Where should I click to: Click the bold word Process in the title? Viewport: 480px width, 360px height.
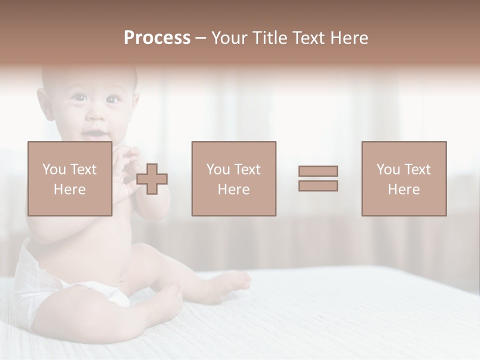(157, 38)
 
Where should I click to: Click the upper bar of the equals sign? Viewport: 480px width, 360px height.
(318, 171)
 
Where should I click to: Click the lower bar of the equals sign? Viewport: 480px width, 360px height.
(318, 185)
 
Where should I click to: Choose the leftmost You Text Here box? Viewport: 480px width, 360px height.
(69, 178)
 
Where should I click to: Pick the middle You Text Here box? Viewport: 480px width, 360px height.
(233, 178)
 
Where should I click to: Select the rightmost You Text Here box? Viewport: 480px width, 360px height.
(403, 178)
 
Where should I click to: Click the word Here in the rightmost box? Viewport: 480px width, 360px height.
(403, 189)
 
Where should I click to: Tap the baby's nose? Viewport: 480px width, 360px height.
(96, 117)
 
